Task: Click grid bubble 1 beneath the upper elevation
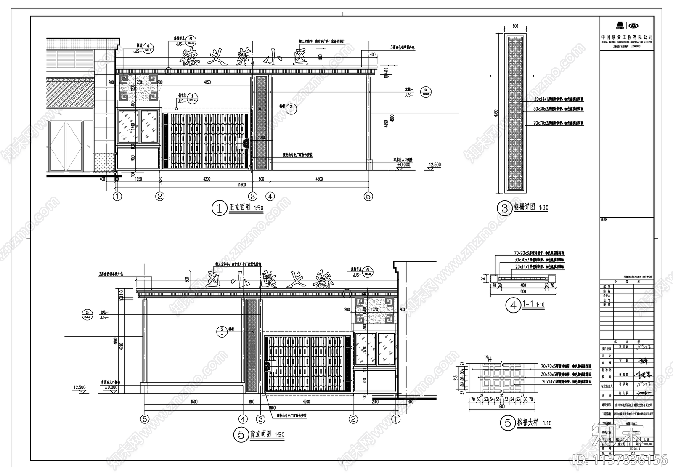117,196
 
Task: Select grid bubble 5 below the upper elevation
368,196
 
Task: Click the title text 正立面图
239,207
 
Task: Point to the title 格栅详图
524,207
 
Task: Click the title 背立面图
261,434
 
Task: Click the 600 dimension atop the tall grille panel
515,26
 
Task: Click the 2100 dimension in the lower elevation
374,402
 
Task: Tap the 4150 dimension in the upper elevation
205,82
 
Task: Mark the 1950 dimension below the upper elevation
138,179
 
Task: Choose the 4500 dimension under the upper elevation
319,179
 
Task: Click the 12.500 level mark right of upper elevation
435,165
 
